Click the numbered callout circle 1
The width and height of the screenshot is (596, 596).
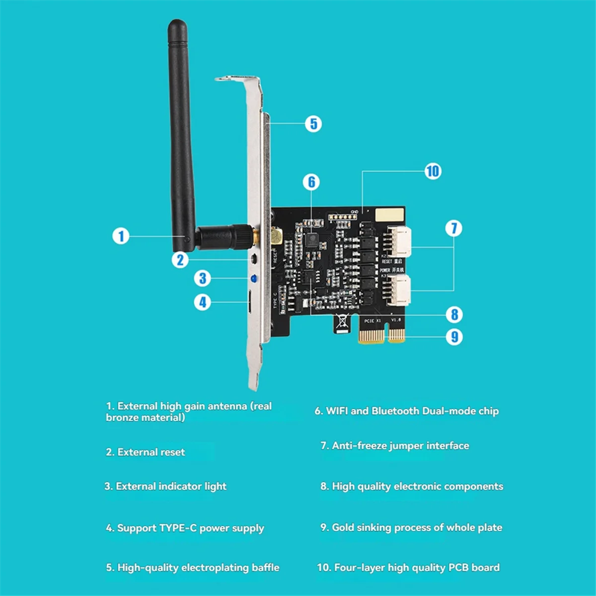[x=121, y=235]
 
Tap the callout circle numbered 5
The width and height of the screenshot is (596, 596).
[x=313, y=124]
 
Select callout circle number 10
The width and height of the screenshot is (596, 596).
[x=433, y=171]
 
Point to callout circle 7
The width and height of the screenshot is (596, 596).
[x=453, y=228]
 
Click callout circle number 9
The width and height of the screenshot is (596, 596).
[x=454, y=337]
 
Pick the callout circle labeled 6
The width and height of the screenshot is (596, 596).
[x=311, y=182]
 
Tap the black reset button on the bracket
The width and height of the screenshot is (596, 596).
[x=254, y=259]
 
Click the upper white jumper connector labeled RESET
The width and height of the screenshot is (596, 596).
[x=399, y=242]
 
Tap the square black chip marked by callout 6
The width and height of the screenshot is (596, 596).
[x=312, y=240]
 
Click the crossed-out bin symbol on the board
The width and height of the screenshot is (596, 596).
[x=342, y=322]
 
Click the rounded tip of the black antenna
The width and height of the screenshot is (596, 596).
[x=177, y=25]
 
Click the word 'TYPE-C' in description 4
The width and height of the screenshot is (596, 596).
[x=178, y=528]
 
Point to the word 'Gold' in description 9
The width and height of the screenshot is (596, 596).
[x=343, y=527]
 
